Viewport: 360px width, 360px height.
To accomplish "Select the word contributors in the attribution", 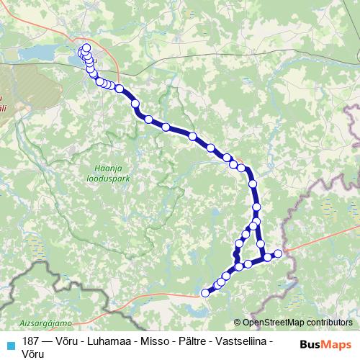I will tap(328, 323).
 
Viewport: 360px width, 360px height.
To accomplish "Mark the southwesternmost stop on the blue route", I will tap(204, 292).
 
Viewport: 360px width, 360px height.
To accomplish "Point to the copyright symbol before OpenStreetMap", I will tap(238, 323).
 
